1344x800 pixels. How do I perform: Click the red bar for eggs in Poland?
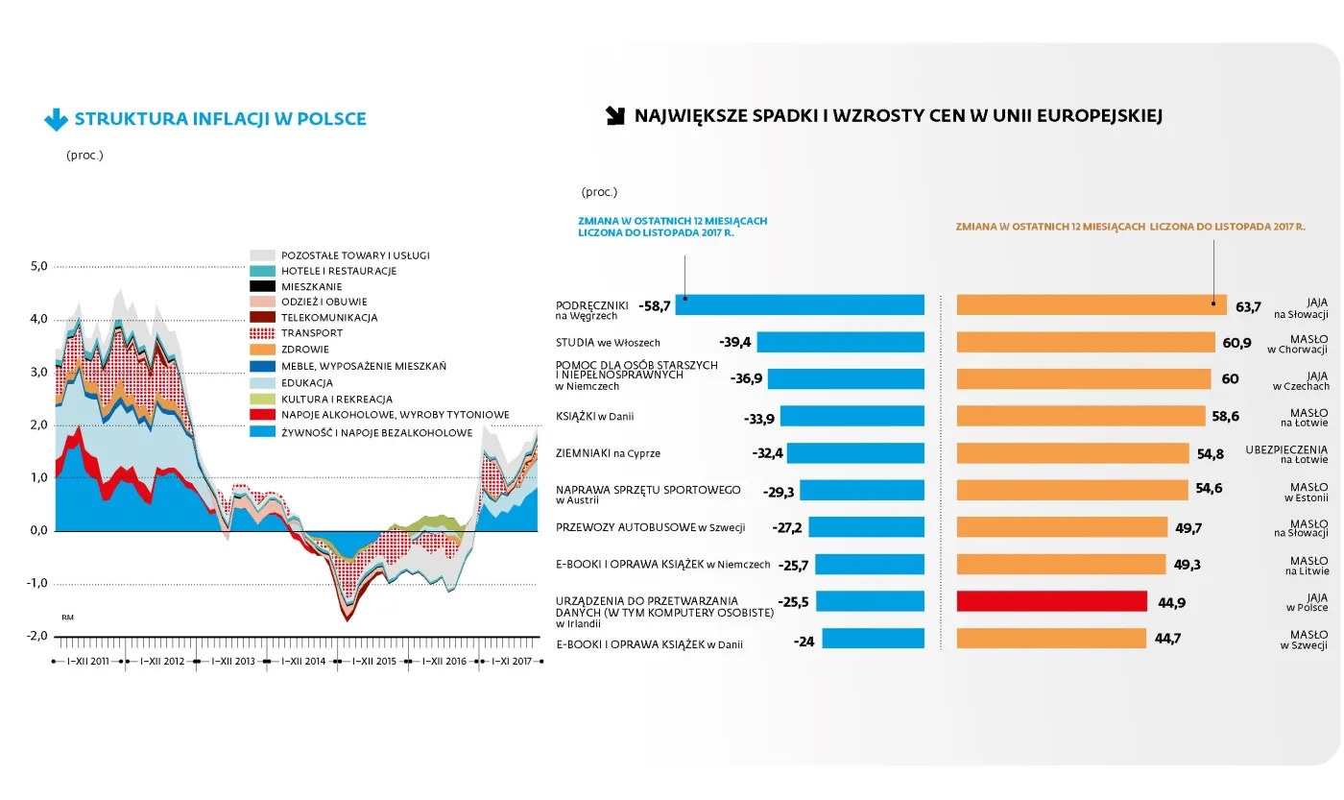point(1051,601)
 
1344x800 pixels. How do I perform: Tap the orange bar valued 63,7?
point(1092,305)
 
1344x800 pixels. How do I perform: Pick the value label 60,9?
point(1237,343)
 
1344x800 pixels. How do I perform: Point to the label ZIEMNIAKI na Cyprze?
point(608,453)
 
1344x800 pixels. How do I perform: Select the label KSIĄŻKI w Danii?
point(595,417)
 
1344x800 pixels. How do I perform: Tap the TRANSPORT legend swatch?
point(263,333)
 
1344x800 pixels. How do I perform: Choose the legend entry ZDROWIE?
point(305,350)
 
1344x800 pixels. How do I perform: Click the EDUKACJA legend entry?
point(307,382)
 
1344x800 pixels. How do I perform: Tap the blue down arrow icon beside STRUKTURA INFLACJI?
point(56,120)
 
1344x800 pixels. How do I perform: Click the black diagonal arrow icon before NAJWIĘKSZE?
point(614,116)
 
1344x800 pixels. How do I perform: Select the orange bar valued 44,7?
point(1051,639)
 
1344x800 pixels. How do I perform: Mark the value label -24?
point(804,642)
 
